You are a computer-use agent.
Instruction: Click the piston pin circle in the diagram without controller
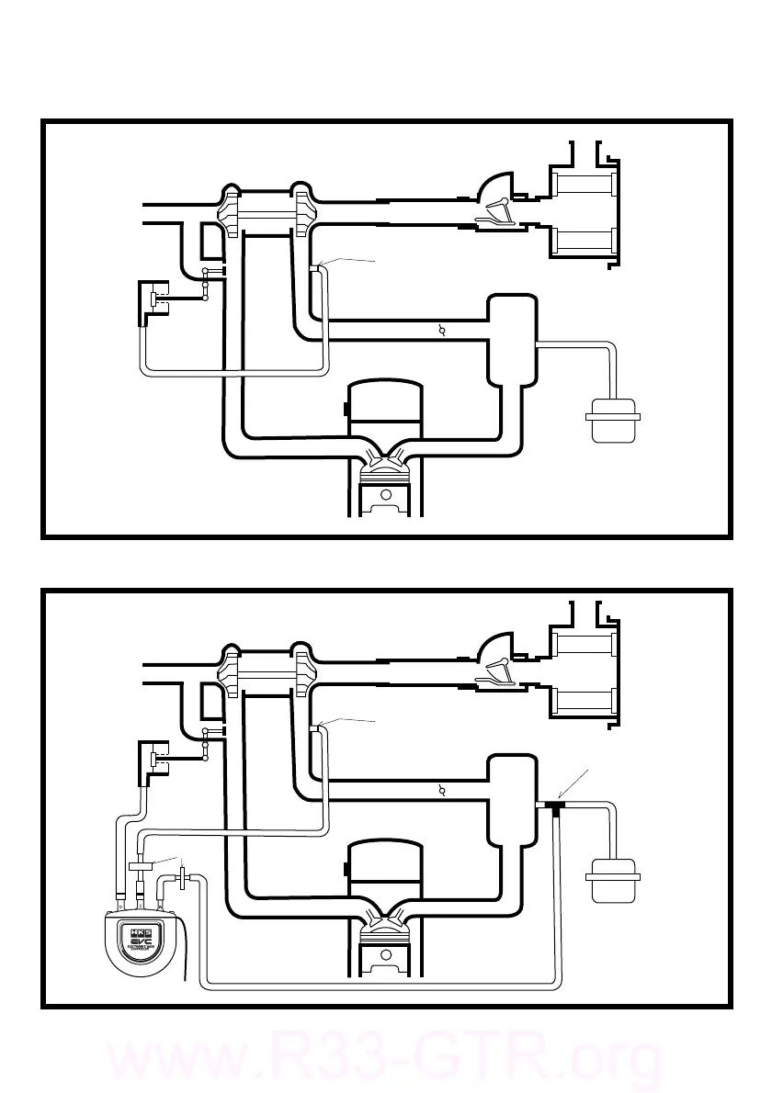click(387, 495)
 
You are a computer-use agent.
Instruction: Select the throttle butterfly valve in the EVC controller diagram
click(443, 792)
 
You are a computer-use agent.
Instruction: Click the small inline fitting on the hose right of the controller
click(184, 879)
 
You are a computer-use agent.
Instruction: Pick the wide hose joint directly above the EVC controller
click(141, 865)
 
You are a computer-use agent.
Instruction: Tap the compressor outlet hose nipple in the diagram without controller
click(316, 268)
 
